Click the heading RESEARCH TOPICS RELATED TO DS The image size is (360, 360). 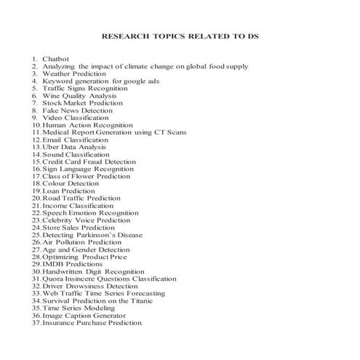pyautogui.click(x=180, y=36)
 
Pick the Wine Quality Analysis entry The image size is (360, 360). pyautogui.click(x=80, y=95)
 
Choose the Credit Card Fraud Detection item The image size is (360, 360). pyautogui.click(x=89, y=161)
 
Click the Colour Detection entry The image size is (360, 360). pyautogui.click(x=71, y=183)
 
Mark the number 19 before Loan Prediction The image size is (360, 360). pyautogui.click(x=36, y=191)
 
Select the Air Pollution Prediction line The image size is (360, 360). pyautogui.click(x=81, y=242)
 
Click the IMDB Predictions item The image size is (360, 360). pyautogui.click(x=68, y=264)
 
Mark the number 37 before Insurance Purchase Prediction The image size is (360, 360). pyautogui.click(x=36, y=323)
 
